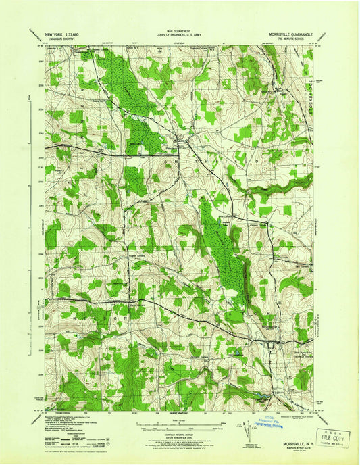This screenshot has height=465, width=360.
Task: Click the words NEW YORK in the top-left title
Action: [56, 33]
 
